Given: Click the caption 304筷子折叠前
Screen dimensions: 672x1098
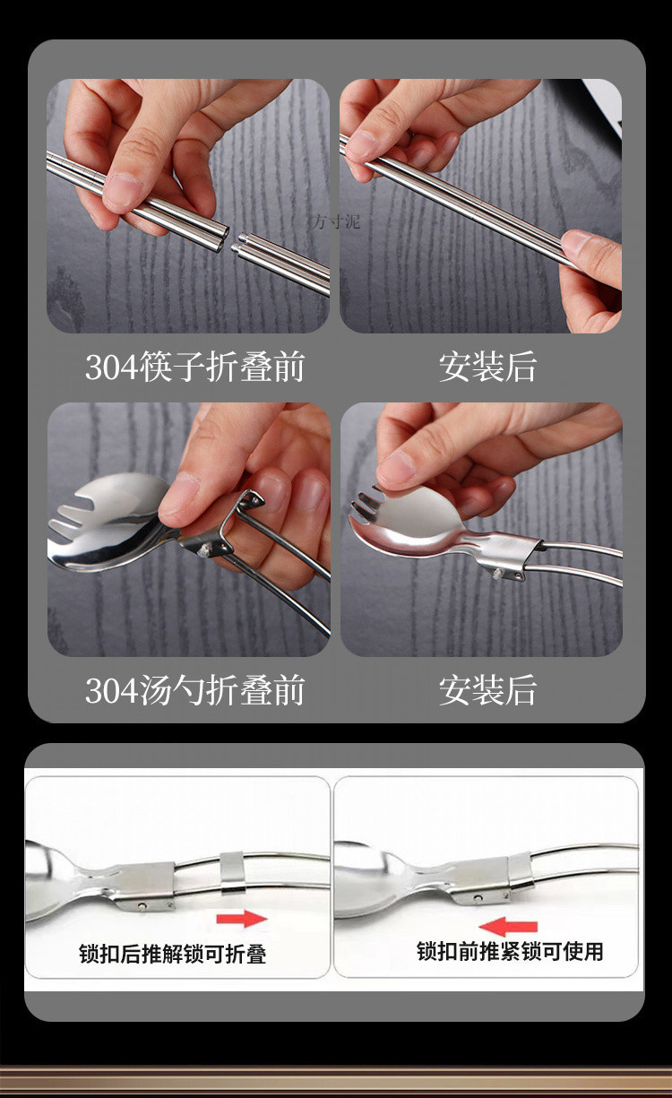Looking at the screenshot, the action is tap(194, 367).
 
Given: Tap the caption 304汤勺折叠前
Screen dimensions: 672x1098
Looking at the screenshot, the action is tap(194, 690).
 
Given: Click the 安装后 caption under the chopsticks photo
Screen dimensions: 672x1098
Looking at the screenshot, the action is tap(487, 367).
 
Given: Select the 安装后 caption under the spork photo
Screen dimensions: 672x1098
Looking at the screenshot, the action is tap(487, 690).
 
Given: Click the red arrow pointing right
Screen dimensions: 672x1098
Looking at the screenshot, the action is tap(242, 919).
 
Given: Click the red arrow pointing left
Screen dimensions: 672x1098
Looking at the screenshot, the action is tap(508, 927).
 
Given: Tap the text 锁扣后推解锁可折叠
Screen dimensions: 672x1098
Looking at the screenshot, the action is tap(173, 954).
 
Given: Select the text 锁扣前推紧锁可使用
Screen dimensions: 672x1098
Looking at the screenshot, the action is tap(510, 951).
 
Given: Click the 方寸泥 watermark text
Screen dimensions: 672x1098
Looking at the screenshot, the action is tap(336, 222).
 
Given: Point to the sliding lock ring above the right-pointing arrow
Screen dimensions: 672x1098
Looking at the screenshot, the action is tap(232, 872).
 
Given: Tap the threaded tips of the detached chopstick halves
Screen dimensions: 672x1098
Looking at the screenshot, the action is tap(238, 243).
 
